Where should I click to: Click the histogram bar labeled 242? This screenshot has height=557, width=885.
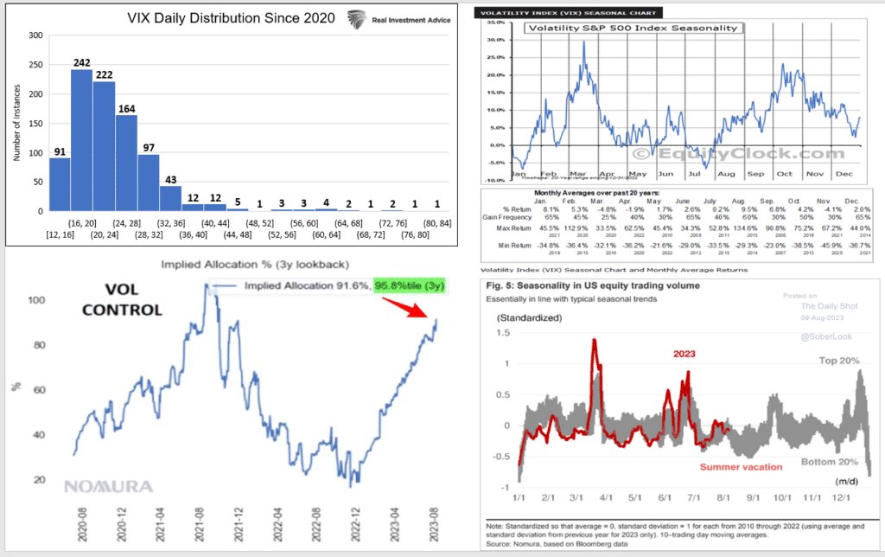(81, 140)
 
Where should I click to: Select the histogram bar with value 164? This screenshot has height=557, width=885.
(126, 163)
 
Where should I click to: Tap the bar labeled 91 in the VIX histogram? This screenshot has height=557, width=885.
(59, 184)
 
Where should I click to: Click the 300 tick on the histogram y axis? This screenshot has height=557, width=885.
(35, 35)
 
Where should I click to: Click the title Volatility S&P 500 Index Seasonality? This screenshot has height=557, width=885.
(633, 28)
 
